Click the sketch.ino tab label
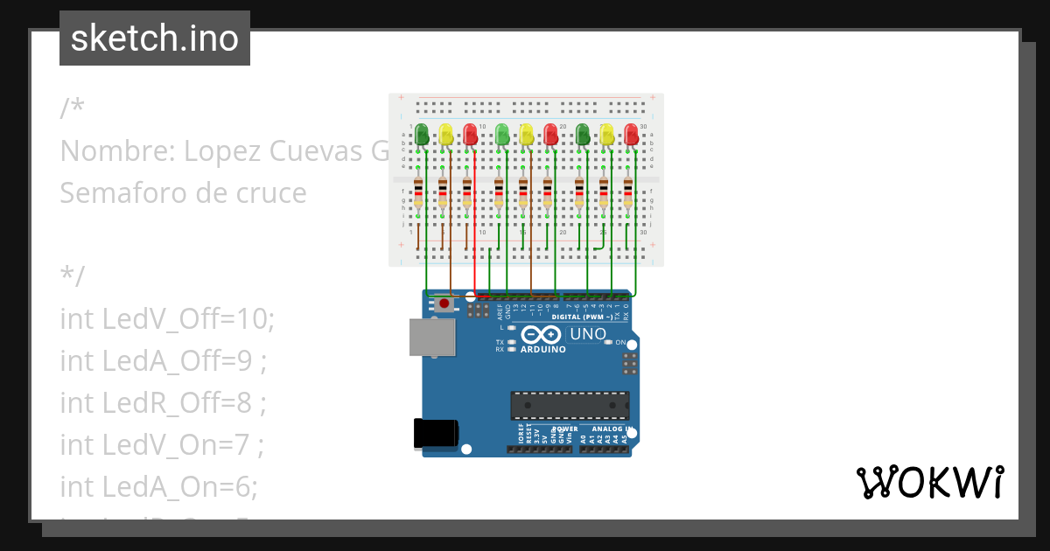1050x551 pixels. [155, 38]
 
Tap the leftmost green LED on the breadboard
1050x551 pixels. [422, 134]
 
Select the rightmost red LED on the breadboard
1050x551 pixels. [631, 134]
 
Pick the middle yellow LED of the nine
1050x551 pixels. [526, 134]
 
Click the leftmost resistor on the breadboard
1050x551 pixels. [419, 192]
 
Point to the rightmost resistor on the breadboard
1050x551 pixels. [628, 192]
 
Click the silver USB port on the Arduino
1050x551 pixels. [432, 337]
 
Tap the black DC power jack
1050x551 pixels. [435, 433]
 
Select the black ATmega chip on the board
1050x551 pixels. [570, 406]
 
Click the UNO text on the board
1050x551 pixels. [588, 334]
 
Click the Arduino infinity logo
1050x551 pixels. [542, 335]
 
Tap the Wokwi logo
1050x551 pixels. [928, 483]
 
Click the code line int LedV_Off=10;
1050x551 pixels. [167, 319]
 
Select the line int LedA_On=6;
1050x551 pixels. [158, 485]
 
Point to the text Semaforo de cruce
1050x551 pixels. [183, 192]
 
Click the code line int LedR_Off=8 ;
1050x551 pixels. [163, 402]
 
